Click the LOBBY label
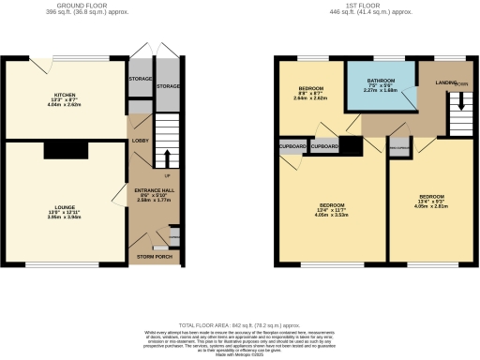[140, 141]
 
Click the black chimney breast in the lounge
[64, 150]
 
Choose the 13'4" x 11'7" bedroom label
[333, 205]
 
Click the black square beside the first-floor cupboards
[350, 146]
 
